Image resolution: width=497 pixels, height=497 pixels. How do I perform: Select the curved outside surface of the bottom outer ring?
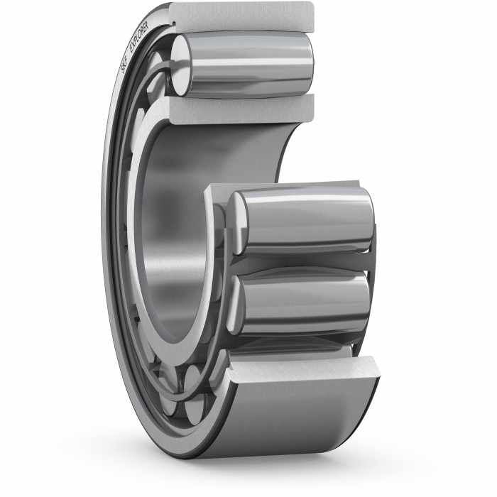(298, 419)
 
